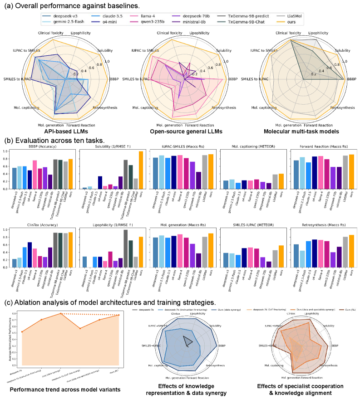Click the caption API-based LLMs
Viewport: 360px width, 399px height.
tap(66, 131)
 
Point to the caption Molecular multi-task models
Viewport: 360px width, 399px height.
tap(301, 131)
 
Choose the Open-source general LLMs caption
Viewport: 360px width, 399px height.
tap(184, 131)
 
